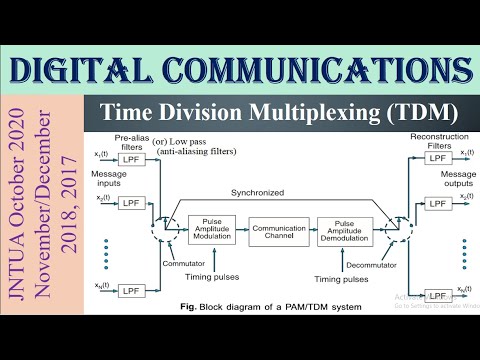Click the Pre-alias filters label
point(132,141)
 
